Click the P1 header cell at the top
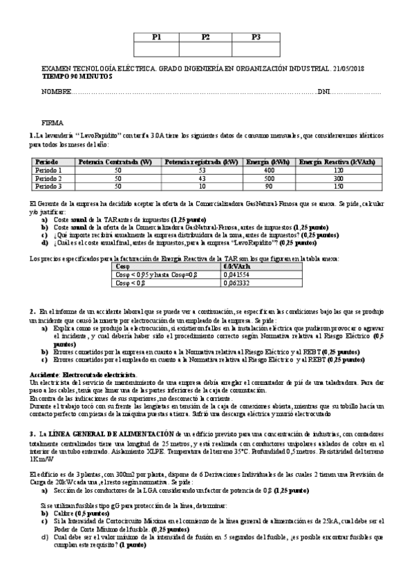153,37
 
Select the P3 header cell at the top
256,37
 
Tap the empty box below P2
205,49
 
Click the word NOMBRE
57,92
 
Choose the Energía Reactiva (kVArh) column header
337,162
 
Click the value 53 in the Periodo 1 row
202,170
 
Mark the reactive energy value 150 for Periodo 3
338,186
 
